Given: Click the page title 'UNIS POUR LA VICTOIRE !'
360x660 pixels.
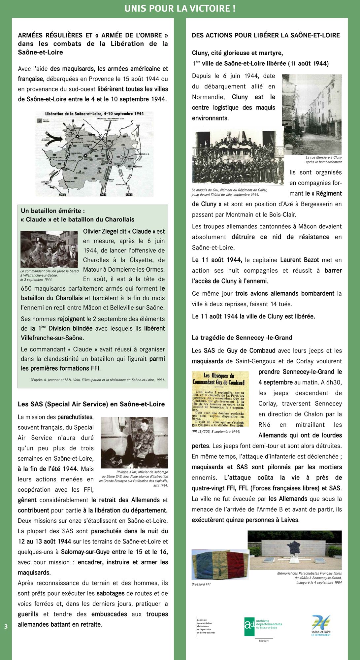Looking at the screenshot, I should [180, 9].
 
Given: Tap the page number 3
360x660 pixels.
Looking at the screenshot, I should [6, 626].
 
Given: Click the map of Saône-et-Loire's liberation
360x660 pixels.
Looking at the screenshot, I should [94, 154].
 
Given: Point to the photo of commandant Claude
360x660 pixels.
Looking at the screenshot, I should [49, 249].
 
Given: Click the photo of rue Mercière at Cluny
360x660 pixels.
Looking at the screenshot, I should [312, 114].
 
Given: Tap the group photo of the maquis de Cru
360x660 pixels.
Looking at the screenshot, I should [238, 158].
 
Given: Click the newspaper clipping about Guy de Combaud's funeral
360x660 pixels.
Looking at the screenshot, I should [220, 399].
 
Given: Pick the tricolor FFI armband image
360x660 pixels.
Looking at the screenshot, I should [220, 564].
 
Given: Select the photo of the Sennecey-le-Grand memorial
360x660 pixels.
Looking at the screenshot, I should [295, 550].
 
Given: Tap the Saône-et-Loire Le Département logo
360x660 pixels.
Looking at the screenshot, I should [321, 625].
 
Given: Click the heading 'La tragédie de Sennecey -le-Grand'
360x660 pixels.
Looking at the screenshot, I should [242, 338].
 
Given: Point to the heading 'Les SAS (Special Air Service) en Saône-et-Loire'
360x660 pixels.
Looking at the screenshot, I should [91, 404].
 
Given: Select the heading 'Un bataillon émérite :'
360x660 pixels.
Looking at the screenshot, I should [53, 211].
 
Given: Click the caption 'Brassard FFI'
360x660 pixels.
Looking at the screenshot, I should [201, 584].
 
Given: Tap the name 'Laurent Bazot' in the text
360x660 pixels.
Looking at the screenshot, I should [300, 260].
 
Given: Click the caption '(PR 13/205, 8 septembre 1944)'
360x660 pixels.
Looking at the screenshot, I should [216, 432].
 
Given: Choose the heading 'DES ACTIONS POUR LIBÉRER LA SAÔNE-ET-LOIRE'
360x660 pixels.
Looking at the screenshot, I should [266, 35].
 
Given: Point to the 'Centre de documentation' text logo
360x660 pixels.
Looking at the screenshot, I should [206, 626].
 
